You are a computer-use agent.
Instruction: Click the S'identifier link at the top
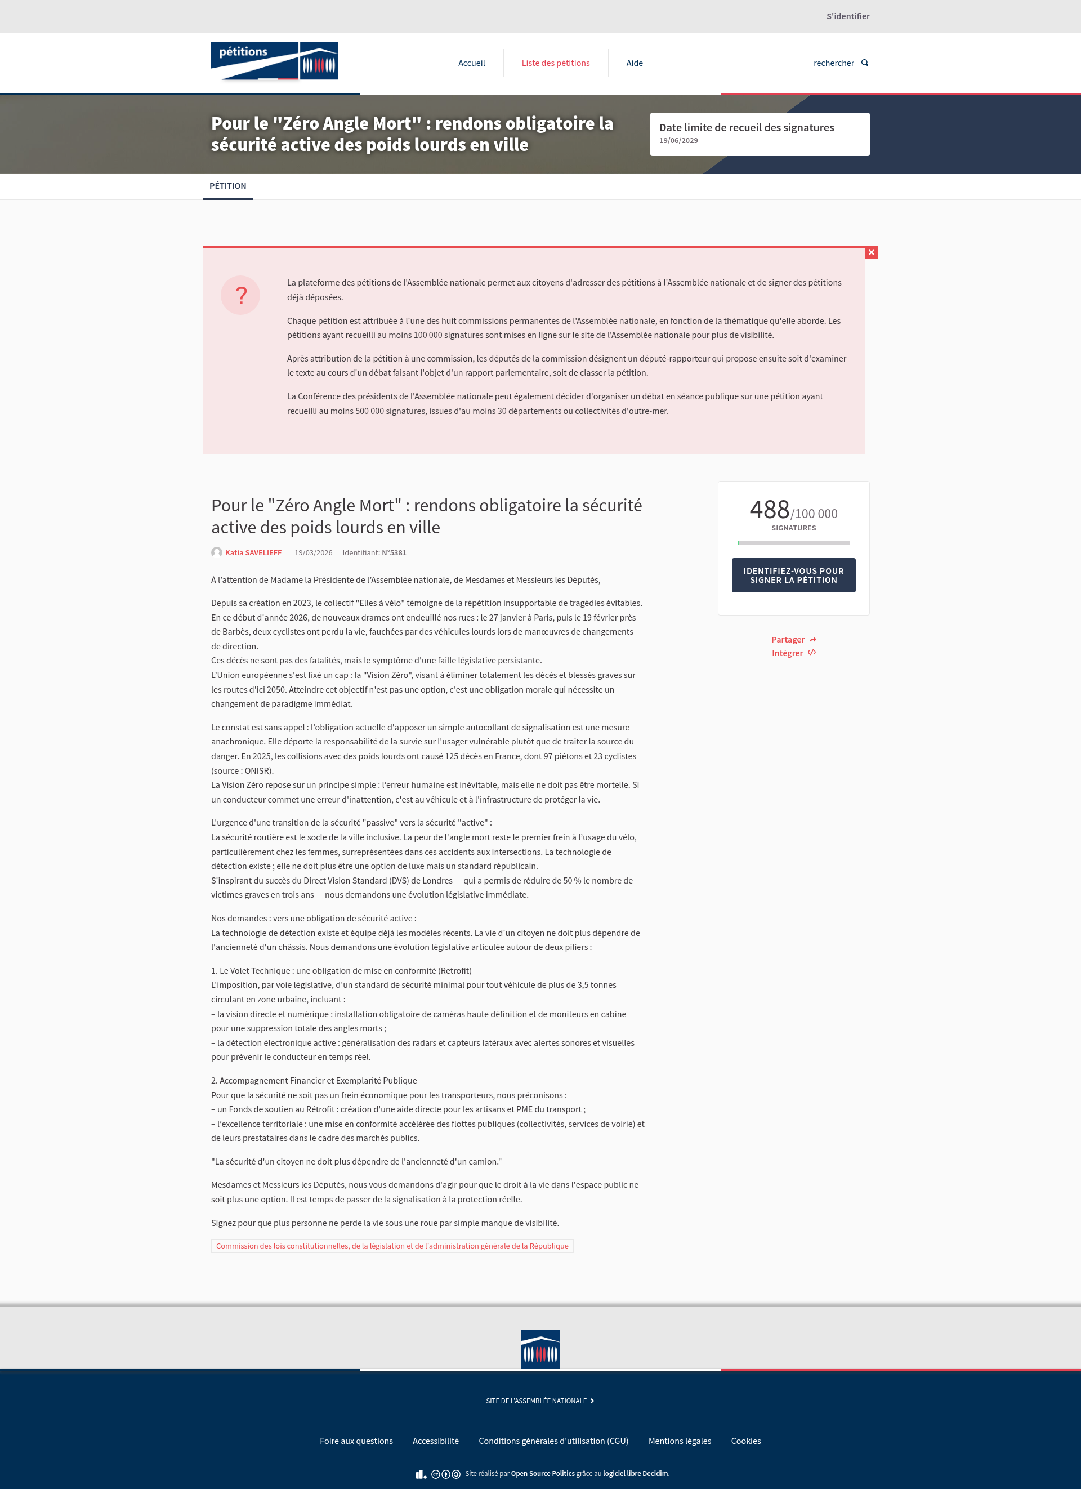(x=847, y=16)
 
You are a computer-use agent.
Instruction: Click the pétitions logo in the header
(x=274, y=61)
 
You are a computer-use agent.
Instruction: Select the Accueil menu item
(x=471, y=63)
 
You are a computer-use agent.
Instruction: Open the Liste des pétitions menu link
(x=555, y=63)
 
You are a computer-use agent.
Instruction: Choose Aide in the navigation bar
(x=634, y=63)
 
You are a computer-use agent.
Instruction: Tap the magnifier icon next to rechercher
(x=865, y=63)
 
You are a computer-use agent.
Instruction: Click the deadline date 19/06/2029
(x=678, y=140)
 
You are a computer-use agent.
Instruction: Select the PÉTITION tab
(x=228, y=186)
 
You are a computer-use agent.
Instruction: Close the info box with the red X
(x=871, y=253)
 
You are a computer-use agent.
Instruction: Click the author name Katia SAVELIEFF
(x=253, y=553)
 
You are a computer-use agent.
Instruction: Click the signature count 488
(x=769, y=510)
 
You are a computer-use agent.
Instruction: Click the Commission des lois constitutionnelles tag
(x=392, y=1246)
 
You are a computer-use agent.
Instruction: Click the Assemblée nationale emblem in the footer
(x=540, y=1349)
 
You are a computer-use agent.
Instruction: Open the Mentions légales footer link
(x=680, y=1441)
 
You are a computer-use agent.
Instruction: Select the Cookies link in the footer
(x=745, y=1441)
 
